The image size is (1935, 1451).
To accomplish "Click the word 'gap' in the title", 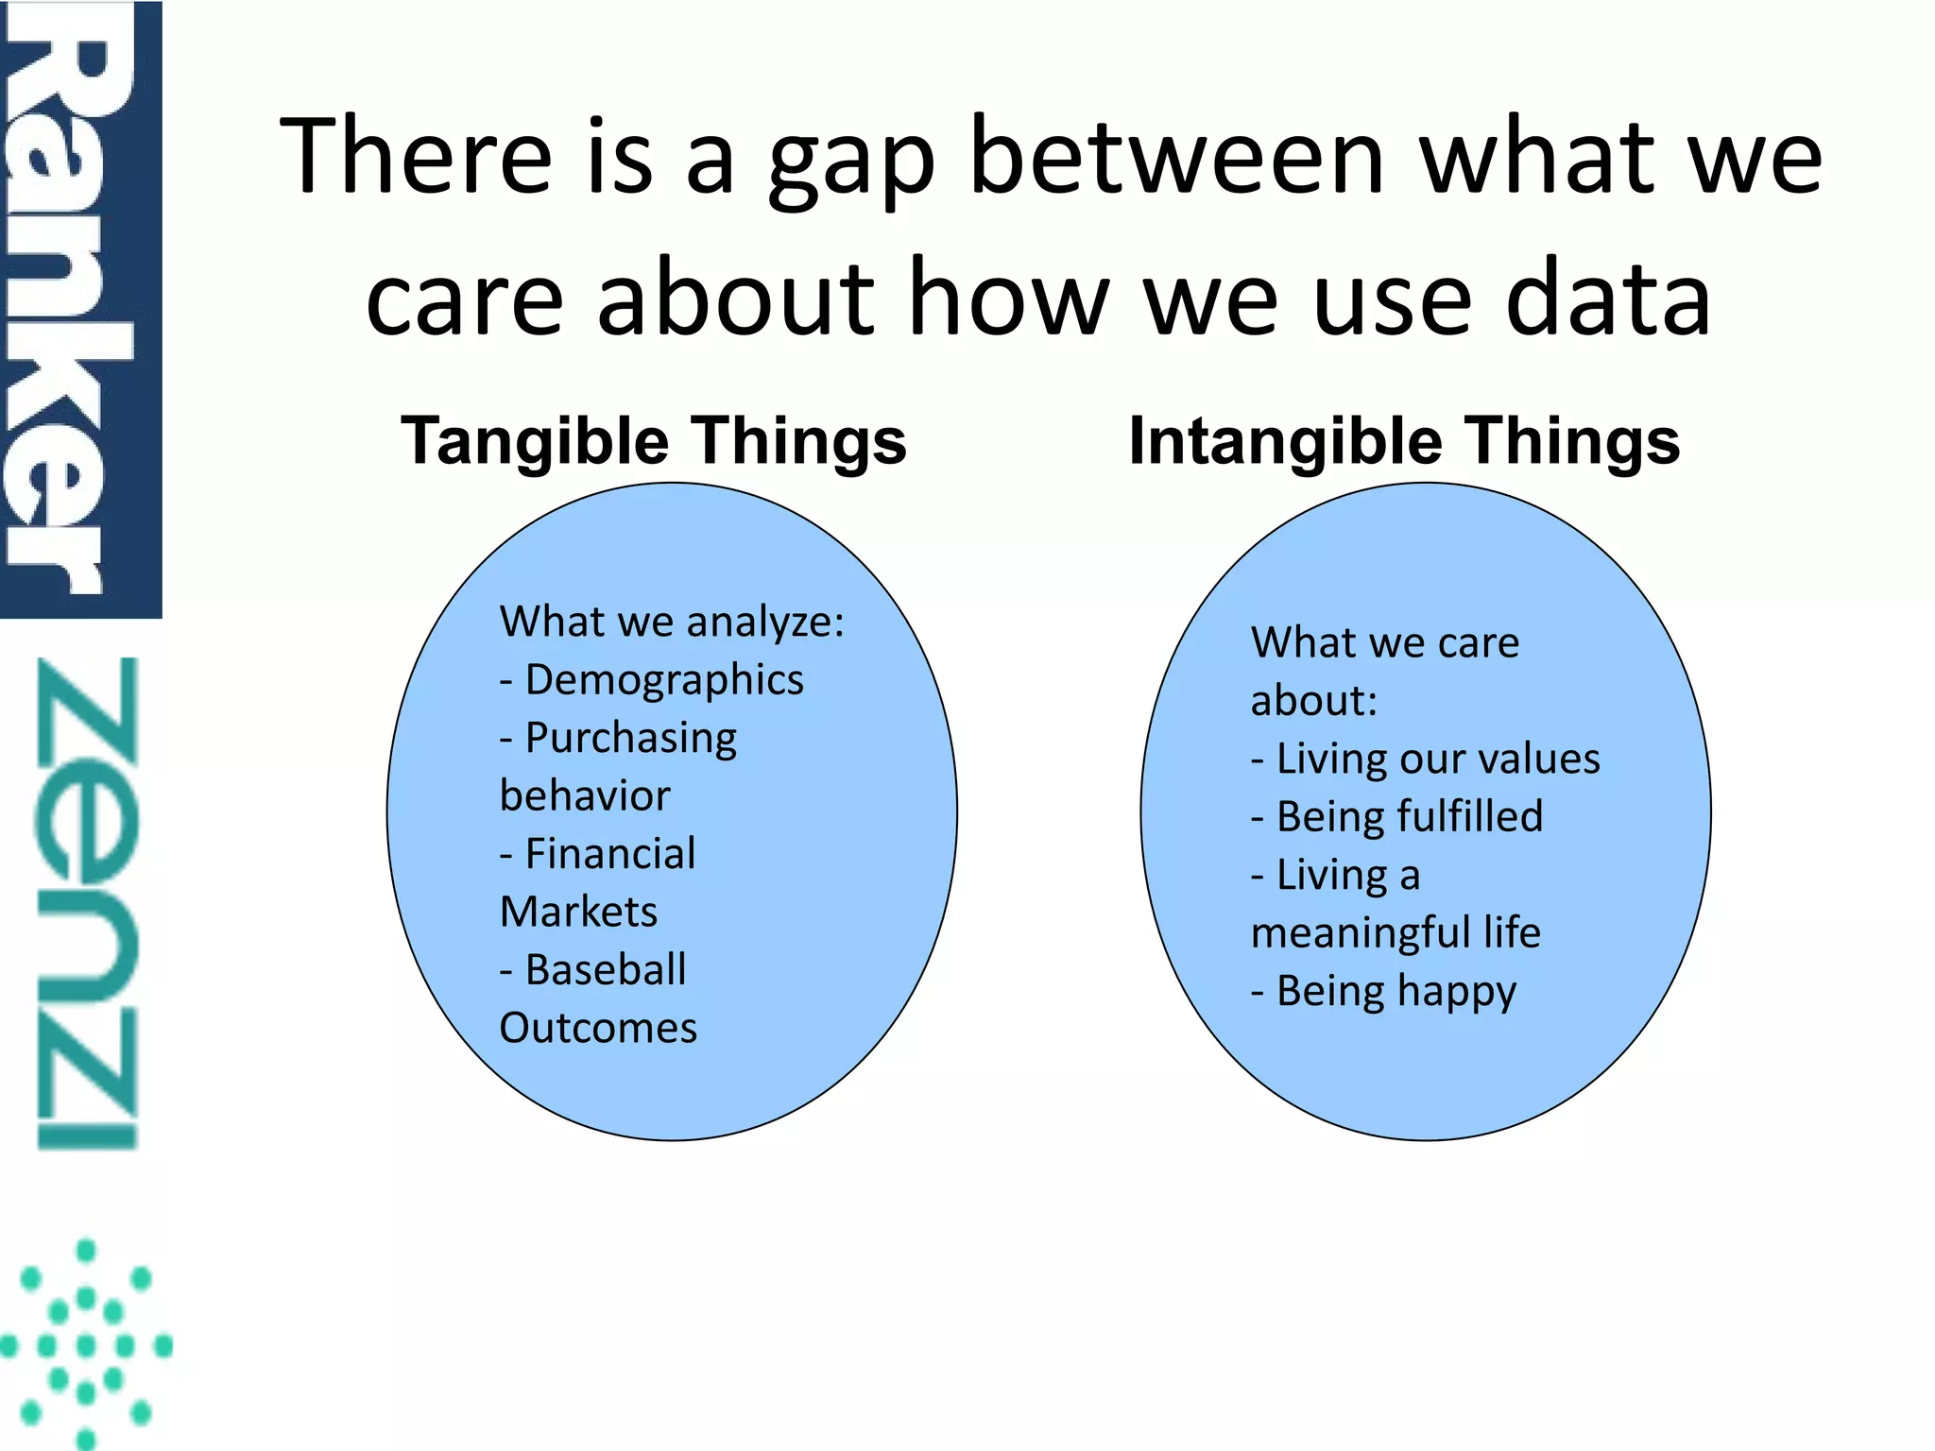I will pyautogui.click(x=850, y=159).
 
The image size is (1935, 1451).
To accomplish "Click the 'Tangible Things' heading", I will pyautogui.click(x=654, y=440).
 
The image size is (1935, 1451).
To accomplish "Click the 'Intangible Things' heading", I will pyautogui.click(x=1404, y=440).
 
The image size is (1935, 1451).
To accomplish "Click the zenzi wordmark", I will pyautogui.click(x=87, y=902).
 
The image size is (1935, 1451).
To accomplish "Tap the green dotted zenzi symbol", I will pyautogui.click(x=87, y=1343).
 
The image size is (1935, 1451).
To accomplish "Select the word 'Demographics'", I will pyautogui.click(x=664, y=680).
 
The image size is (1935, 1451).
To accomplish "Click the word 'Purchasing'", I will pyautogui.click(x=631, y=738).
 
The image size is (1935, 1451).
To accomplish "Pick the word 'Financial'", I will pyautogui.click(x=610, y=854).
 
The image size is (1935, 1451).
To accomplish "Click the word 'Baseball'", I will pyautogui.click(x=606, y=970).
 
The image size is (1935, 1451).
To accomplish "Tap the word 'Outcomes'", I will pyautogui.click(x=598, y=1028).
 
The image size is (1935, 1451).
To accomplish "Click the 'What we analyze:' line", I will pyautogui.click(x=672, y=622).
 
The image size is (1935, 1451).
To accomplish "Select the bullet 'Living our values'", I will pyautogui.click(x=1437, y=759).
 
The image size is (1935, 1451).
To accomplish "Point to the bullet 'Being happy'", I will pyautogui.click(x=1396, y=991).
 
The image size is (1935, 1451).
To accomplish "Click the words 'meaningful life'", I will pyautogui.click(x=1396, y=933).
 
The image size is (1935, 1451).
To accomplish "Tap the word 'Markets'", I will pyautogui.click(x=578, y=913).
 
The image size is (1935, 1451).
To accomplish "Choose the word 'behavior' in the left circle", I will pyautogui.click(x=585, y=796).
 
